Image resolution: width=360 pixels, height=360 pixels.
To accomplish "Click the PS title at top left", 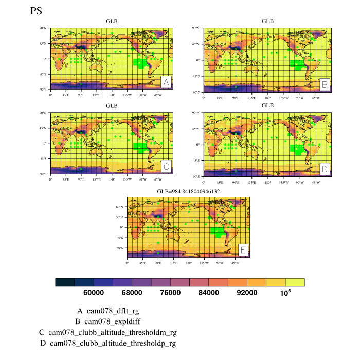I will [x=37, y=11].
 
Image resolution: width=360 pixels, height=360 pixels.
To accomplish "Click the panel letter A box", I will [x=166, y=82].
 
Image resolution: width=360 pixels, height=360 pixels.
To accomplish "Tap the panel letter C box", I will [x=166, y=167].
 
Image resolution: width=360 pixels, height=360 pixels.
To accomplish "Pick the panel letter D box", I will [x=324, y=168].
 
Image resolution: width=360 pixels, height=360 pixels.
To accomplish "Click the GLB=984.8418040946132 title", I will [x=188, y=191].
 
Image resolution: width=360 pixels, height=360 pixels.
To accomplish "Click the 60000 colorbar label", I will [x=94, y=293].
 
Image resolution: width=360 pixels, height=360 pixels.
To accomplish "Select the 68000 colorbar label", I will [x=132, y=293].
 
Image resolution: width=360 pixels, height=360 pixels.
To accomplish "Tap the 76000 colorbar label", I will [x=170, y=293].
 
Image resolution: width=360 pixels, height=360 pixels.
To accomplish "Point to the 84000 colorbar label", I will [x=209, y=293].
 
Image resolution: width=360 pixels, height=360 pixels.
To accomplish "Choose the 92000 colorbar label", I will [x=247, y=293].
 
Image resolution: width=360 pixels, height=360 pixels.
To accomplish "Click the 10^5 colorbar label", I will [x=285, y=292].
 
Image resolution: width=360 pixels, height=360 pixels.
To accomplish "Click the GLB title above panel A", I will [x=112, y=21].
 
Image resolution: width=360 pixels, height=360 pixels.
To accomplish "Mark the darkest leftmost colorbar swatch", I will [x=65, y=282].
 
